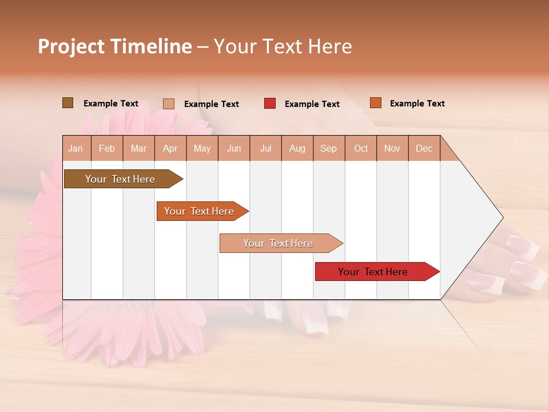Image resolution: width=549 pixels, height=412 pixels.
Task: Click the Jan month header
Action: [75, 148]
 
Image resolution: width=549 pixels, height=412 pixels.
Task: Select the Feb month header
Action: [107, 148]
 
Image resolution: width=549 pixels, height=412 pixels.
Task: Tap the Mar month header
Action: [138, 148]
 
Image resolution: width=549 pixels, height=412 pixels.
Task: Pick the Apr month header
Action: [170, 148]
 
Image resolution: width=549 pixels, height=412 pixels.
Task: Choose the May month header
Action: [202, 148]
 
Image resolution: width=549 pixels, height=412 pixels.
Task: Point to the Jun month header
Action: [234, 148]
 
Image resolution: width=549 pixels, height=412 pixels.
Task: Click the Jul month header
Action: [265, 148]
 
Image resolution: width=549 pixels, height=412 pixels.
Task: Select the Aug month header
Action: [297, 148]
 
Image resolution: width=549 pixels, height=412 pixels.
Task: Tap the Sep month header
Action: [328, 148]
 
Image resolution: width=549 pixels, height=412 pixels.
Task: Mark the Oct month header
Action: [361, 148]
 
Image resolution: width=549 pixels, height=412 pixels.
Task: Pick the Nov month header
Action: [392, 148]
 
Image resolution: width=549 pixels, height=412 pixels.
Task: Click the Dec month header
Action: [424, 148]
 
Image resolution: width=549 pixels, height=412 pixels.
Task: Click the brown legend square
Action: [67, 103]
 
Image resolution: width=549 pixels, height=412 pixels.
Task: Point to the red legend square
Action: [270, 104]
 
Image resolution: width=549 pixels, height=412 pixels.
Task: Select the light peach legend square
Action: [169, 104]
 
